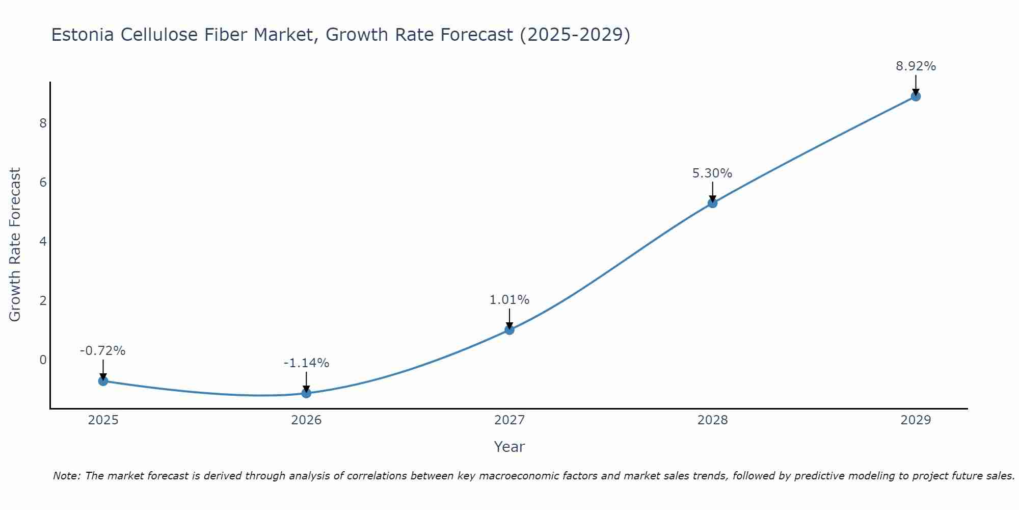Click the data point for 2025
103,381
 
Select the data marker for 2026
306,393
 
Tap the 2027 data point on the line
509,330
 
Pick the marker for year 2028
712,203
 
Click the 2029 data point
916,96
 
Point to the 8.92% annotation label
916,66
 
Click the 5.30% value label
712,173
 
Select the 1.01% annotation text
509,300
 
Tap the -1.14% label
306,363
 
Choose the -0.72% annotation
102,351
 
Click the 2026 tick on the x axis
306,420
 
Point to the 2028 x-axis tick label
712,420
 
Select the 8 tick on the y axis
43,123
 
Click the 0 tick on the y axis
43,360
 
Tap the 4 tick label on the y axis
43,241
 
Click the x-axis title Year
509,447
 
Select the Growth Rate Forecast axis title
15,245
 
